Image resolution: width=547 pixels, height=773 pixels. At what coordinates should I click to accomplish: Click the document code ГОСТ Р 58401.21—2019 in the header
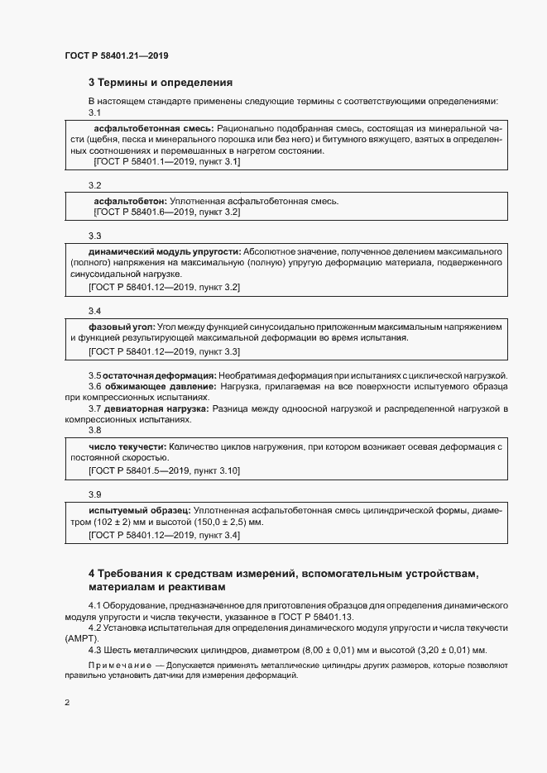[117, 55]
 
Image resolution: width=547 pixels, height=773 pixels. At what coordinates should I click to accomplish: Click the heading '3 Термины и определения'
[160, 83]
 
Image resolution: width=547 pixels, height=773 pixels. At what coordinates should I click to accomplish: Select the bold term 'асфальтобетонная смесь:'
[154, 129]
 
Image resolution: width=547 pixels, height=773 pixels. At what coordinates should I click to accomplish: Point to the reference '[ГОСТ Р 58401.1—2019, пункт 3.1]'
[167, 162]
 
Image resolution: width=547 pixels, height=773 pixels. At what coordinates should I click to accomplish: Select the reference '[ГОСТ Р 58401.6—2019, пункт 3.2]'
[167, 212]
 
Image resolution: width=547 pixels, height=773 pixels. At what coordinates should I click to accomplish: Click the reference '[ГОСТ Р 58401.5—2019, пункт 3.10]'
[164, 470]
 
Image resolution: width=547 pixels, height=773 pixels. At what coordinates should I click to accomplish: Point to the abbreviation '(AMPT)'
[80, 638]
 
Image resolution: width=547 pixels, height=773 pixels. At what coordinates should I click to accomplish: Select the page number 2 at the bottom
[67, 704]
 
